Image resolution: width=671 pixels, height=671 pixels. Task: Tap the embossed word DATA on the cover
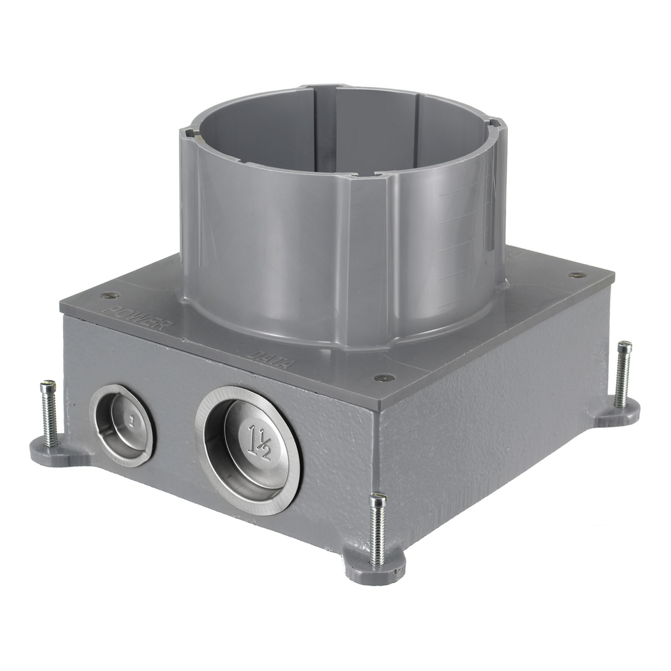tap(269, 359)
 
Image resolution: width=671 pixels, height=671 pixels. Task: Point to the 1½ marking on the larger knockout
tap(259, 442)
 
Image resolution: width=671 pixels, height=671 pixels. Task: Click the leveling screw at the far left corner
tap(48, 413)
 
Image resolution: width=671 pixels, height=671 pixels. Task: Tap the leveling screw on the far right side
tap(623, 374)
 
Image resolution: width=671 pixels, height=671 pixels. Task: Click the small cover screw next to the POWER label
tap(110, 295)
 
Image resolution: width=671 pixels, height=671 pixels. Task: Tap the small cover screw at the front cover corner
tap(384, 377)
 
